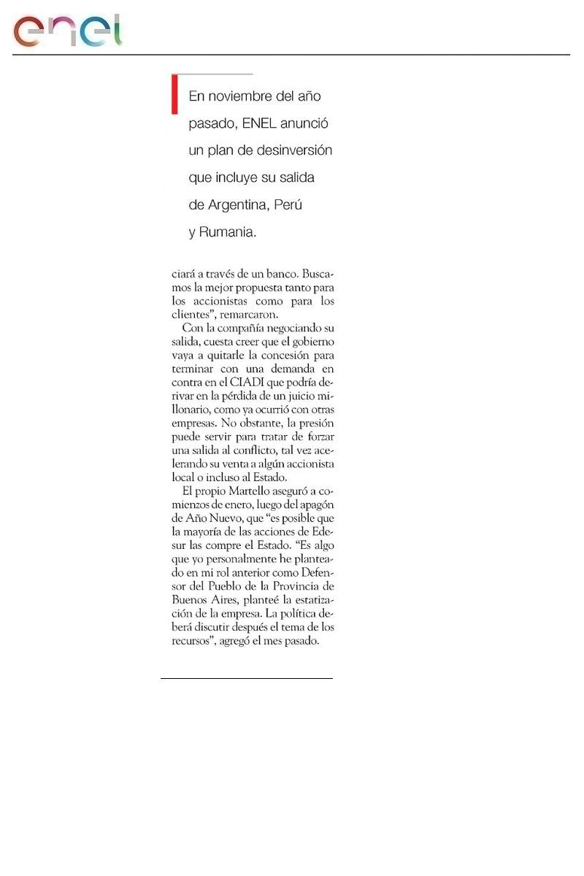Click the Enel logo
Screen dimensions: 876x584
67,31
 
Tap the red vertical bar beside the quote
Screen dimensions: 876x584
174,94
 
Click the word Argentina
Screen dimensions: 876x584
238,205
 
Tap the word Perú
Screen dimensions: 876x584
289,205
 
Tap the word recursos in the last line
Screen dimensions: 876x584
191,641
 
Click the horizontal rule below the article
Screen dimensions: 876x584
247,679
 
